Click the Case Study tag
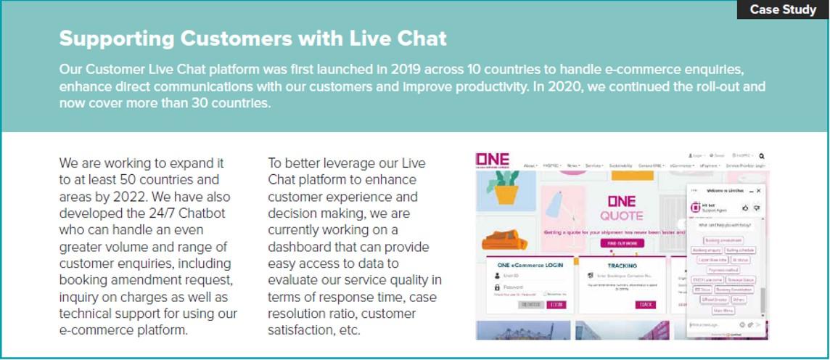coord(783,9)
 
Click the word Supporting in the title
coord(116,38)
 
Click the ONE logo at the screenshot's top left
coord(493,160)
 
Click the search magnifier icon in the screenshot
coord(762,155)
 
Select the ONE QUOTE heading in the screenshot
coord(621,208)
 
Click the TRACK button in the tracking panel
coord(645,304)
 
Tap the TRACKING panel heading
coord(622,266)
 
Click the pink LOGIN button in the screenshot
coord(557,305)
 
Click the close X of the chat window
coord(759,190)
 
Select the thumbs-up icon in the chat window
coord(745,208)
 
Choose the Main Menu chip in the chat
coord(723,310)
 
